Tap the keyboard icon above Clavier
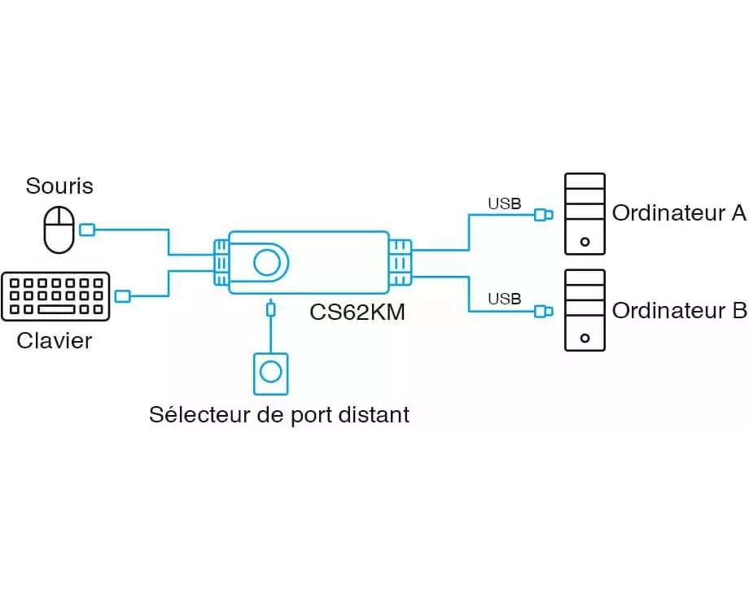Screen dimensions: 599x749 point(55,296)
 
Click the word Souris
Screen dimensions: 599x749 point(59,186)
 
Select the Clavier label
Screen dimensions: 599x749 point(55,340)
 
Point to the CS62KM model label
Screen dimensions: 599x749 point(357,312)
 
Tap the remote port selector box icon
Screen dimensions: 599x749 point(270,372)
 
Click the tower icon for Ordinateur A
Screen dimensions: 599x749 point(585,214)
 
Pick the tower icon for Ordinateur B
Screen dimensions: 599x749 point(585,310)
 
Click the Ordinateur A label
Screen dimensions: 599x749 point(679,213)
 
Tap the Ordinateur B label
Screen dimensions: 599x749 point(679,310)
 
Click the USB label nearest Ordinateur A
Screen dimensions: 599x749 point(504,203)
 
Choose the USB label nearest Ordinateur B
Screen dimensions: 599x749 point(504,299)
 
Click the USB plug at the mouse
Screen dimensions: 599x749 point(86,230)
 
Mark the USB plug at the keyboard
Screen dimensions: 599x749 point(122,295)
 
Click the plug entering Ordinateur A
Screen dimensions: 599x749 point(543,215)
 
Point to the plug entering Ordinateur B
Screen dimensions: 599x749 point(543,310)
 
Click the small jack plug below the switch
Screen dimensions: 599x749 point(270,309)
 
